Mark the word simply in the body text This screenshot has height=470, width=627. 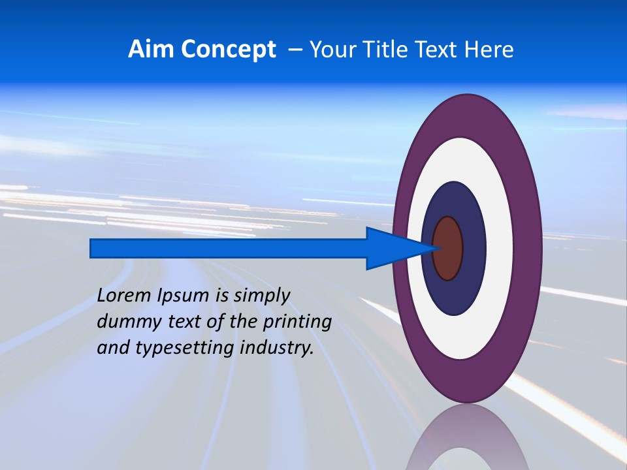click(261, 296)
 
